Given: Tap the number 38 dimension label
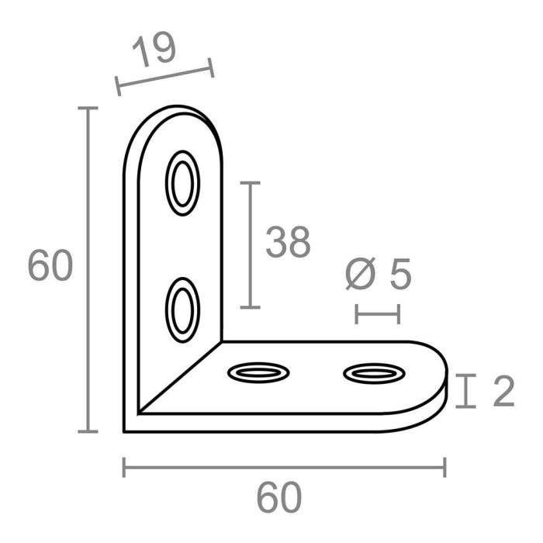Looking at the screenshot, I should point(288,243).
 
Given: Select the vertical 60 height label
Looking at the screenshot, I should point(50,266).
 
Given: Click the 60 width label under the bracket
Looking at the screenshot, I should point(279,499).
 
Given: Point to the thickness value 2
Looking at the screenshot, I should point(503,392).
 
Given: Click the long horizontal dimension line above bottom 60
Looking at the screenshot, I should point(284,467).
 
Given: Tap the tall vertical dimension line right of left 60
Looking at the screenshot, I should point(90,269).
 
